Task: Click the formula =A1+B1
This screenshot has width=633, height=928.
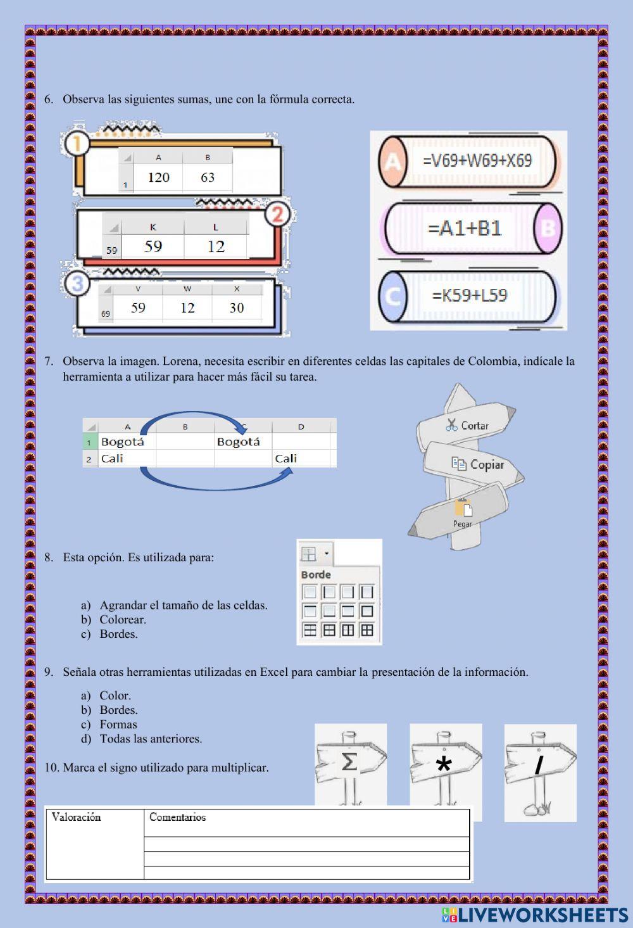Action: [465, 228]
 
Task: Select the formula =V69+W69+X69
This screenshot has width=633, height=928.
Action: [477, 161]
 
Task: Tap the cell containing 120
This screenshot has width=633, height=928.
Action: [158, 177]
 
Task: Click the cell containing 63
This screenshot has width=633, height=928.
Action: [208, 177]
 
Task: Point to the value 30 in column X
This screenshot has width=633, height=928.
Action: [237, 308]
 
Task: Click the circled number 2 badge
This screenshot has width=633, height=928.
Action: [277, 215]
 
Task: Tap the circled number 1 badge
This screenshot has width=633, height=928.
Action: [77, 143]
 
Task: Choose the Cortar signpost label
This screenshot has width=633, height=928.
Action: [468, 426]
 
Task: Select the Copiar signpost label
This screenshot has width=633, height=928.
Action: [479, 464]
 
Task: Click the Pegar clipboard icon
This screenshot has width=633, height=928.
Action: [463, 508]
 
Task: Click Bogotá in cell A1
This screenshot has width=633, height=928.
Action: [123, 442]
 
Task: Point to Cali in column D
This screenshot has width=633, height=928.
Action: [286, 459]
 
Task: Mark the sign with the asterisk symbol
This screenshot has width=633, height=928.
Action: [444, 765]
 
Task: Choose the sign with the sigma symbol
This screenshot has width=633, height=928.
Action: [349, 762]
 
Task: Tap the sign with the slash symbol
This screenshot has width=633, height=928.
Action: [539, 765]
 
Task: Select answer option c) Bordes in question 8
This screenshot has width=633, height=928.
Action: [118, 634]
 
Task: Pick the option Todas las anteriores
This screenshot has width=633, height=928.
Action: [151, 739]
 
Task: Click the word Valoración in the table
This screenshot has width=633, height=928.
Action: [76, 817]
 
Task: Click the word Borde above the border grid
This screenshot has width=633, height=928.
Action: [316, 575]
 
